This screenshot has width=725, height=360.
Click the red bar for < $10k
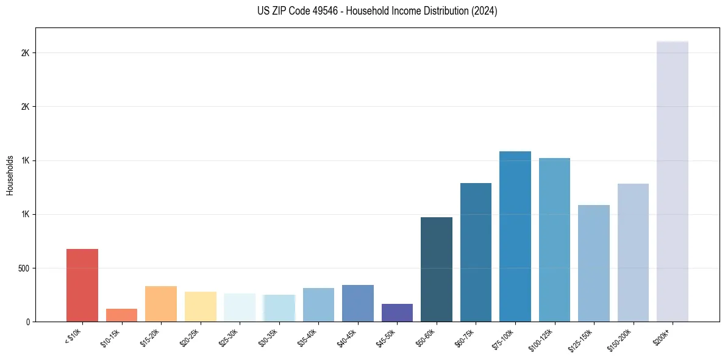pyautogui.click(x=82, y=285)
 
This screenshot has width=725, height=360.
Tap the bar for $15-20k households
pyautogui.click(x=161, y=304)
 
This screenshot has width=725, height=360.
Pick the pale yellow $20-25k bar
pyautogui.click(x=200, y=306)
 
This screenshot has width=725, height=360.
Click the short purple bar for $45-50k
pyautogui.click(x=397, y=312)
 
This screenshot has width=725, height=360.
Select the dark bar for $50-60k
pyautogui.click(x=436, y=269)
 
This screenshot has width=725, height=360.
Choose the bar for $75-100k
pyautogui.click(x=515, y=236)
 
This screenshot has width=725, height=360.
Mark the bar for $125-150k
pyautogui.click(x=593, y=263)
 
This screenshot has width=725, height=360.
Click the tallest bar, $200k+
pyautogui.click(x=672, y=181)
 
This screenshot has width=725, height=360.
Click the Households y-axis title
pyautogui.click(x=10, y=175)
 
